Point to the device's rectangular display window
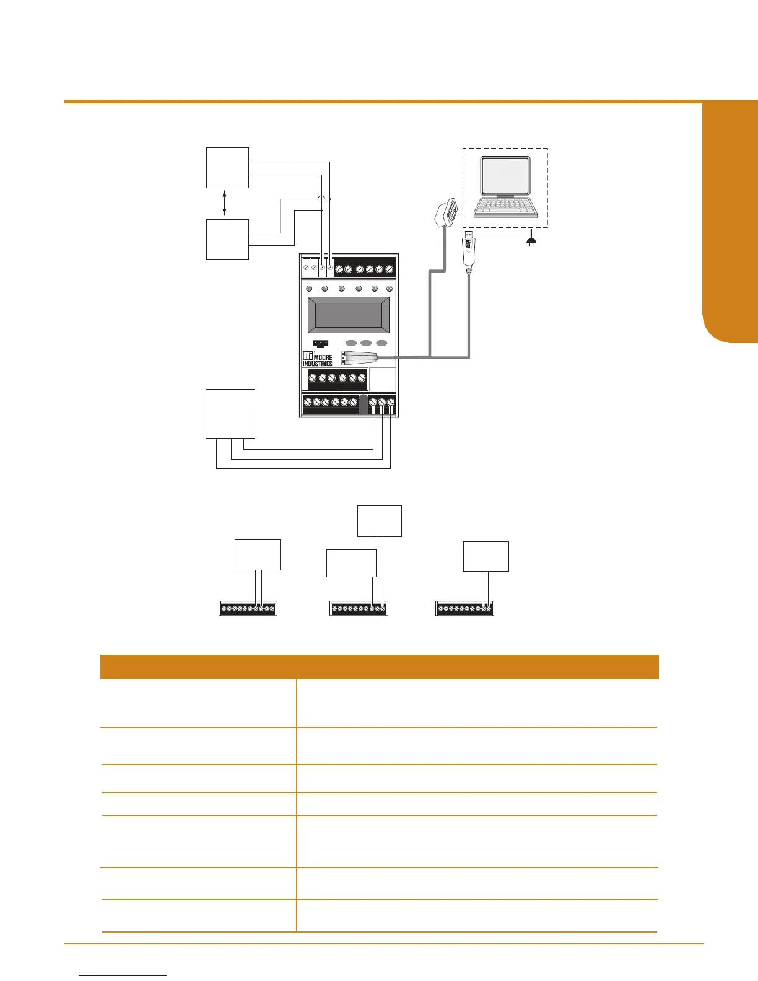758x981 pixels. click(x=349, y=315)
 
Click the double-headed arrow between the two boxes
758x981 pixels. click(x=224, y=203)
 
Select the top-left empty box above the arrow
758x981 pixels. click(x=228, y=167)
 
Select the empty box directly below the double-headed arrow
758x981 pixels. click(x=228, y=239)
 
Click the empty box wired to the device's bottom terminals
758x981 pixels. click(x=230, y=414)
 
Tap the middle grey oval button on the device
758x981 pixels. click(x=366, y=343)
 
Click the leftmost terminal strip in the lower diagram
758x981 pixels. click(x=248, y=608)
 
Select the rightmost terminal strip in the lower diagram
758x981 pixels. click(x=465, y=608)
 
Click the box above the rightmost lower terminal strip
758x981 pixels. click(x=486, y=556)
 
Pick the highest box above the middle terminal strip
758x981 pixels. click(x=380, y=521)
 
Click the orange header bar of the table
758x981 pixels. click(x=379, y=667)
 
